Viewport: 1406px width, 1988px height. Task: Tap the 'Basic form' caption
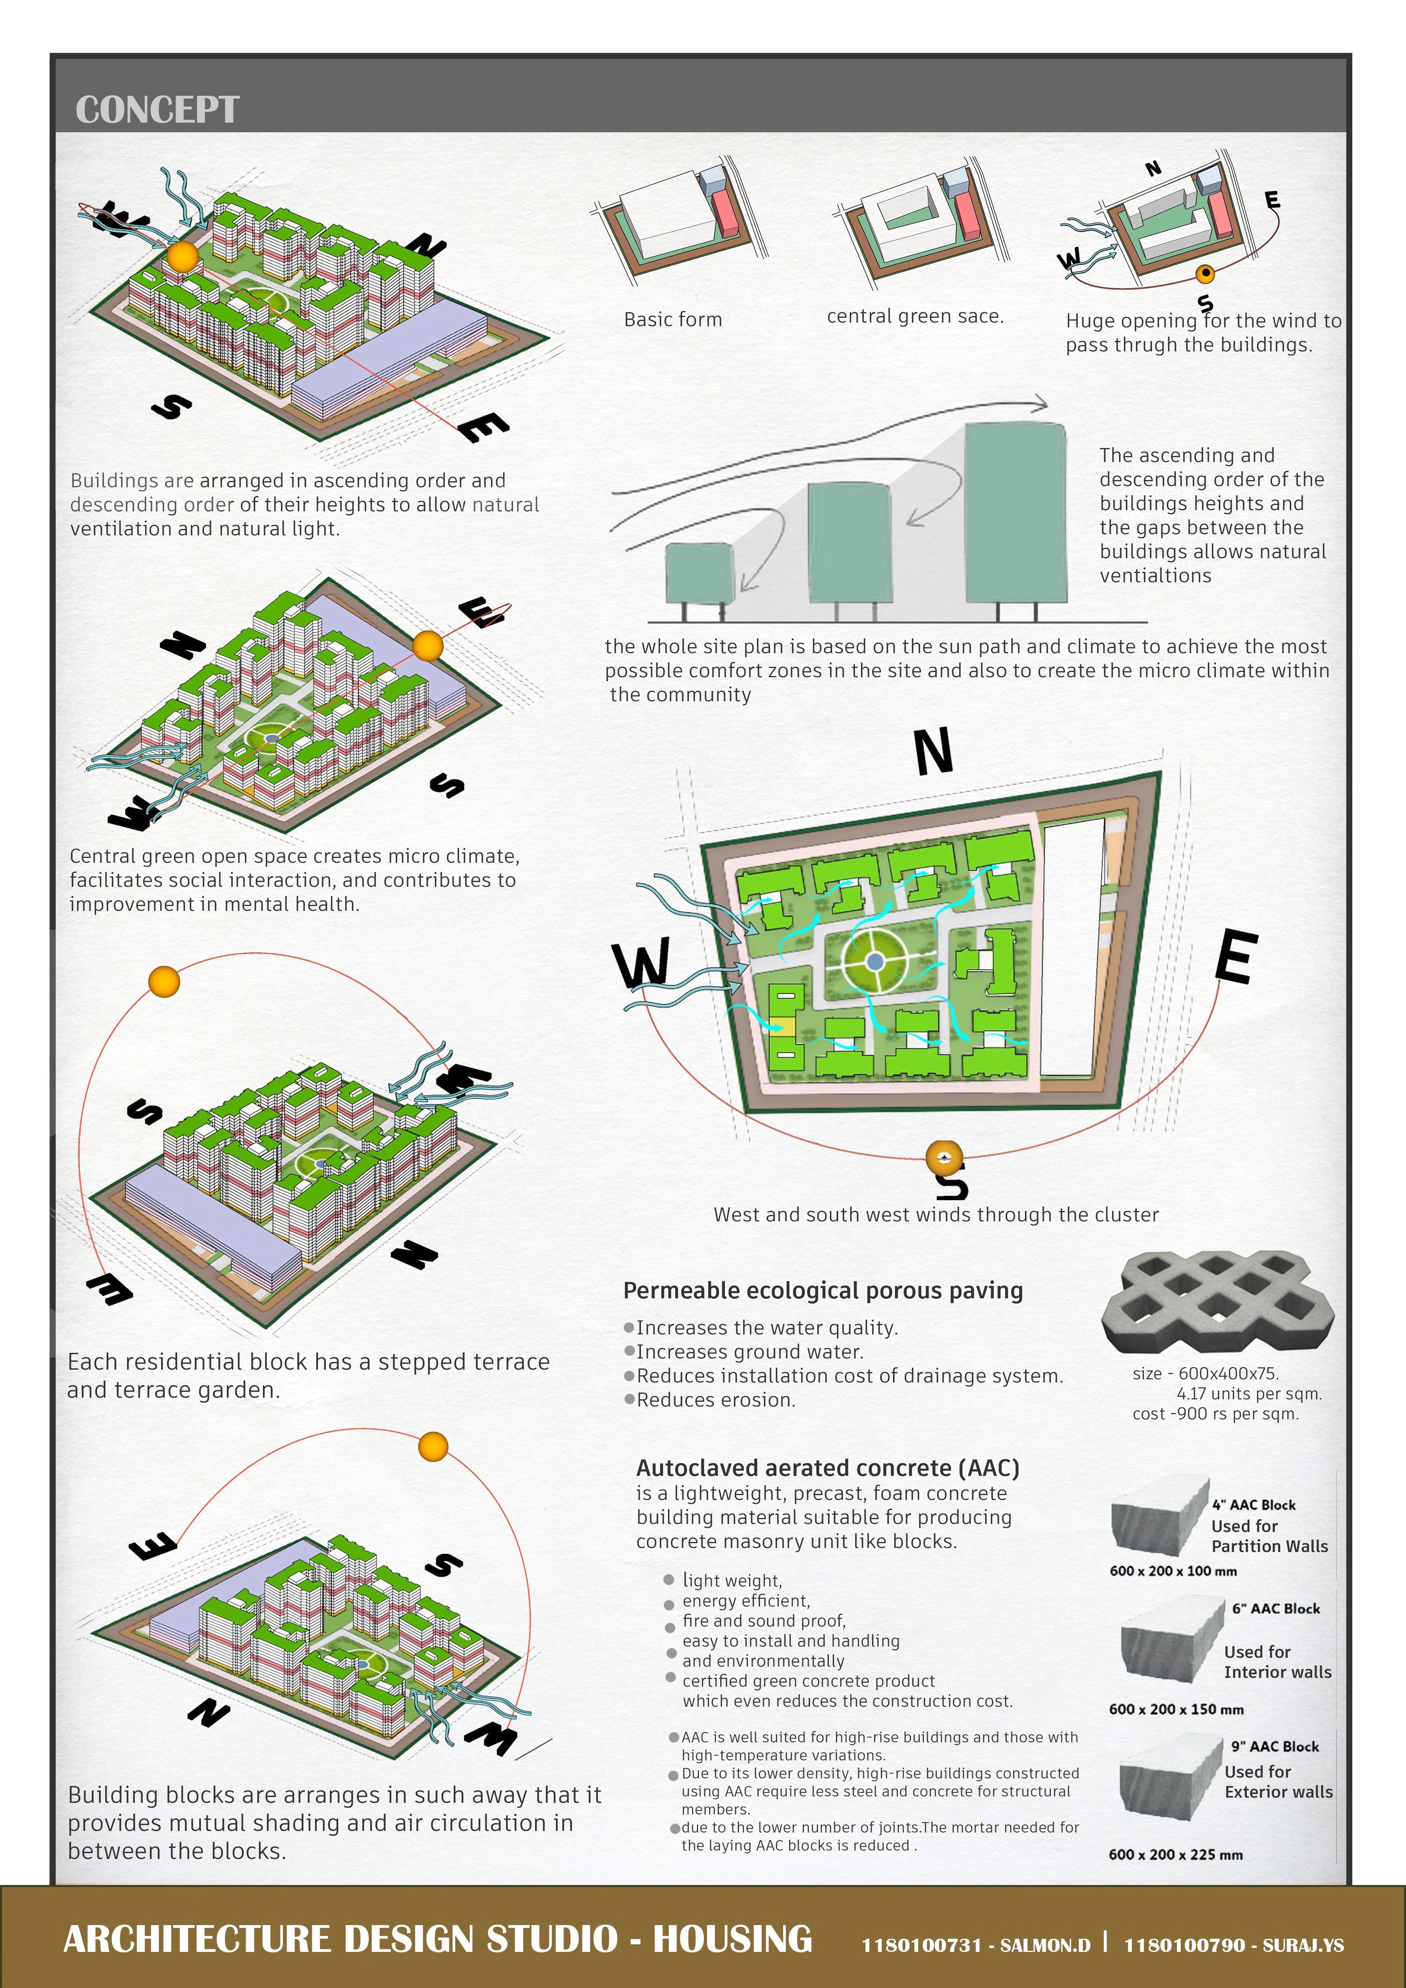(673, 319)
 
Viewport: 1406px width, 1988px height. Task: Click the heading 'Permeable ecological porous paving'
(822, 1291)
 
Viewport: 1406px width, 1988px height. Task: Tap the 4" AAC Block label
(1254, 1505)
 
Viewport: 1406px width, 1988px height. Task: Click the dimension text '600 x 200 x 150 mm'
(1176, 1709)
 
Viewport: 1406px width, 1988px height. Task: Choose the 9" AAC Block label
(1275, 1746)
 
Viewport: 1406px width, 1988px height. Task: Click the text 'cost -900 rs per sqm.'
(1215, 1414)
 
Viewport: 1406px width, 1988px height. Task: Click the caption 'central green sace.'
(915, 316)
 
